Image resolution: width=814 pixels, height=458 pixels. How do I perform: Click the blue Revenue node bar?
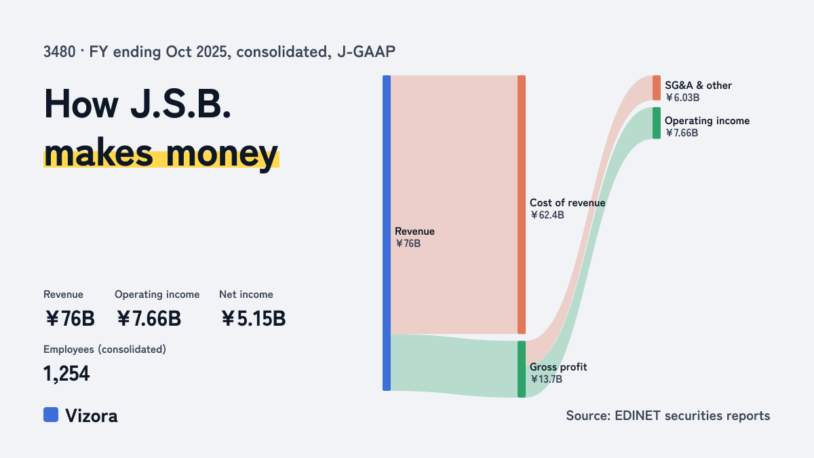[x=387, y=233]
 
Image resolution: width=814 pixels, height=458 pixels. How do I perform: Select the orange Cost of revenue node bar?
[x=522, y=205]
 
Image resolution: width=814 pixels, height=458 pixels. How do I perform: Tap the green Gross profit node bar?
[x=522, y=369]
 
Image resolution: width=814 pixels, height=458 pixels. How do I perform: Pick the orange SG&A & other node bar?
[x=657, y=88]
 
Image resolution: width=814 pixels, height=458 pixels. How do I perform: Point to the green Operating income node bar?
[x=657, y=123]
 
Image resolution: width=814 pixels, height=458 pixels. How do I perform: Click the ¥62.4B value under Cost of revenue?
[x=547, y=215]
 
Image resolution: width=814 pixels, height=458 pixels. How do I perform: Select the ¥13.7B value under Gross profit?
[x=546, y=379]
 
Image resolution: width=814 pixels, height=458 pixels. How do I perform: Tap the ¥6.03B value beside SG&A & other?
[x=682, y=98]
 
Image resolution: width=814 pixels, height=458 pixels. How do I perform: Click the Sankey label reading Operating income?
[x=707, y=121]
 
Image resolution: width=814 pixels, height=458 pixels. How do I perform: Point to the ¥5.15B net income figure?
[x=253, y=318]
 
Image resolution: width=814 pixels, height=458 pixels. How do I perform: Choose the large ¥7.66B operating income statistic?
[x=149, y=318]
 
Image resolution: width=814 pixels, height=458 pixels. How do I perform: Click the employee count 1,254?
[x=66, y=374]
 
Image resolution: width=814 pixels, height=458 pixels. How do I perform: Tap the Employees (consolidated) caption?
[x=104, y=349]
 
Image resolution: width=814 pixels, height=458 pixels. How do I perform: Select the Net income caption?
[x=246, y=294]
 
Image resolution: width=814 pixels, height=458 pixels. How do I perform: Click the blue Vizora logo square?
[x=51, y=415]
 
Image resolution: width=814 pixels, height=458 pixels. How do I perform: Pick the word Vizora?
[x=92, y=416]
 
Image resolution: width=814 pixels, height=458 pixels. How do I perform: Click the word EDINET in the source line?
[x=638, y=415]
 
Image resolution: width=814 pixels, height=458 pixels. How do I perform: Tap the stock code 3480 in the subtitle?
[x=59, y=52]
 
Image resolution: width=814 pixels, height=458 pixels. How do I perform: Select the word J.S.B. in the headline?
[x=180, y=104]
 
